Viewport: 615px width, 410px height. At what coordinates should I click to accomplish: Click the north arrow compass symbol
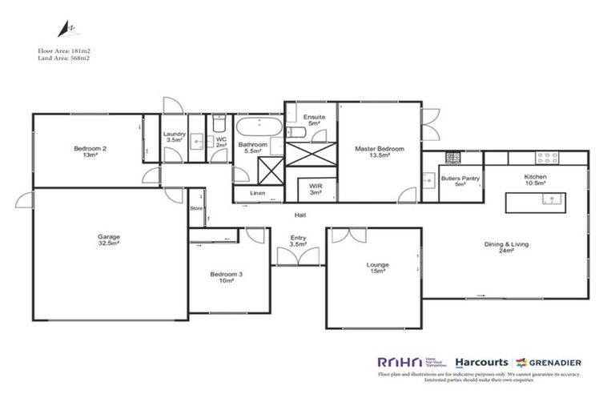[x=61, y=30]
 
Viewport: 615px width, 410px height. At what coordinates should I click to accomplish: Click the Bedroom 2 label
[x=90, y=152]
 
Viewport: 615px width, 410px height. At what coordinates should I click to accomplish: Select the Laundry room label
[x=175, y=137]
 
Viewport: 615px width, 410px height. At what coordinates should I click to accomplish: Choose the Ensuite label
[x=314, y=120]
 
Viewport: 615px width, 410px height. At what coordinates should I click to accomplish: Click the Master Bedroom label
[x=380, y=152]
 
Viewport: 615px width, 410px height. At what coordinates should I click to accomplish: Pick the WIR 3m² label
[x=316, y=189]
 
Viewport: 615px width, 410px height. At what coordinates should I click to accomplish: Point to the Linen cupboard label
[x=257, y=194]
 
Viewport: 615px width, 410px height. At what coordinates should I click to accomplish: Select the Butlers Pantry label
[x=460, y=182]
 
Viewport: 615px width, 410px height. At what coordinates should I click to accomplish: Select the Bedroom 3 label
[x=227, y=277]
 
